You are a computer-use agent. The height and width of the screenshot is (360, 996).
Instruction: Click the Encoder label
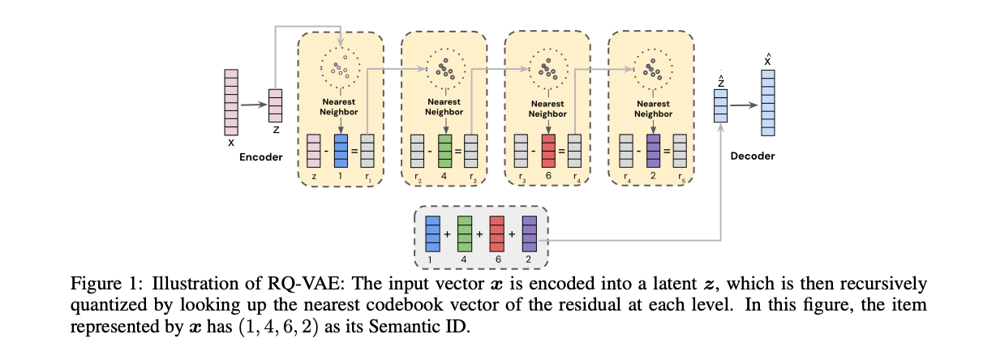(x=260, y=156)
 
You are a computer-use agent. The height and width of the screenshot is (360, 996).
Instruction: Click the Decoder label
(x=753, y=156)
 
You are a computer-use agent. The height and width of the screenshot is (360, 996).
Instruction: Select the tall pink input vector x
(x=230, y=101)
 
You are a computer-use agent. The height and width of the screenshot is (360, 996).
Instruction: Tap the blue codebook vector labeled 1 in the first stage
(x=341, y=151)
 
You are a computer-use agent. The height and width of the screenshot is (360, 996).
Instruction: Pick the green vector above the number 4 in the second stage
(x=444, y=151)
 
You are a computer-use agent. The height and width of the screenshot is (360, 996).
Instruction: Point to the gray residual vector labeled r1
(x=367, y=151)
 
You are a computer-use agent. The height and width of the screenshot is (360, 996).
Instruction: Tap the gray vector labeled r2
(x=417, y=151)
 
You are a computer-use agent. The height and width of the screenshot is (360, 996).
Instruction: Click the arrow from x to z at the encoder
(x=252, y=105)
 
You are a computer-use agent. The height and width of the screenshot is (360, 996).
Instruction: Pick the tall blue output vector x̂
(x=767, y=101)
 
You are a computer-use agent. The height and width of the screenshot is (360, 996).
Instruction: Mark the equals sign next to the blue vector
(x=354, y=152)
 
